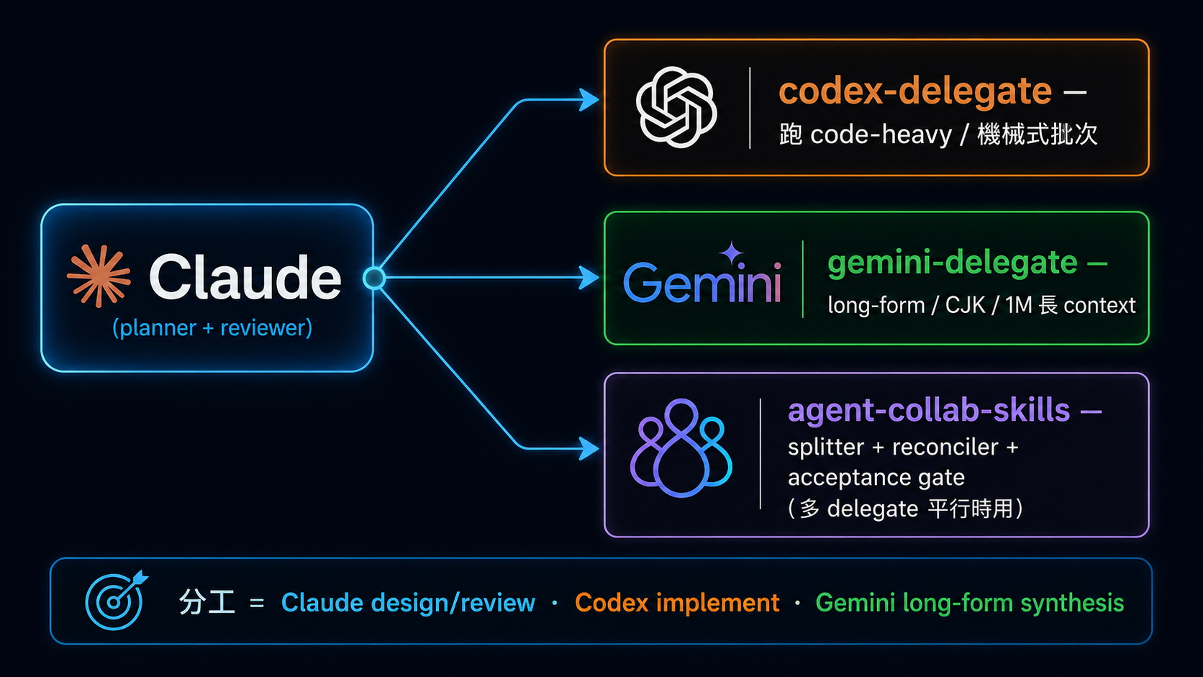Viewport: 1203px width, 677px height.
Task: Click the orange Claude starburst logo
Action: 99,276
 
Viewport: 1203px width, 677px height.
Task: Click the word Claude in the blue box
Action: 245,277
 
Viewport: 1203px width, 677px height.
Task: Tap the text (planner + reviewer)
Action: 212,327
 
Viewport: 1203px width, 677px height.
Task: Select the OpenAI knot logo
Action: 676,107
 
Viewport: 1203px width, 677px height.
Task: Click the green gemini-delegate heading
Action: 952,263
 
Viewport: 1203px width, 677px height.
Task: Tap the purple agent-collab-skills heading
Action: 929,411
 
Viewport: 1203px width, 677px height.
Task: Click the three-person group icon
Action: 681,447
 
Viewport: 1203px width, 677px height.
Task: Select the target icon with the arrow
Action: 115,600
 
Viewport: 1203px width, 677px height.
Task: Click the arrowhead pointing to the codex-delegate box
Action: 589,100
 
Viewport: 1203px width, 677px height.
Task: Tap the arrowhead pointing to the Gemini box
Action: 589,278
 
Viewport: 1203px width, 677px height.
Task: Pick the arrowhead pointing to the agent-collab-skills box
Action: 589,448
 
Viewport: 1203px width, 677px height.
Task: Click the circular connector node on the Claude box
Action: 374,278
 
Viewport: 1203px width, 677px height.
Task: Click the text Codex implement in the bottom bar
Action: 676,602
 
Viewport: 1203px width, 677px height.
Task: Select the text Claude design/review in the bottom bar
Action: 408,602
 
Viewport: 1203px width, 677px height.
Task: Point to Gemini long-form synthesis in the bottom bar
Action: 969,603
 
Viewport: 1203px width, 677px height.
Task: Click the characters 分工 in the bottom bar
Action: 206,602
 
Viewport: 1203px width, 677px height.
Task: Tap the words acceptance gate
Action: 876,477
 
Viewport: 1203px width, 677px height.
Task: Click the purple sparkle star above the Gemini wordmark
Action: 732,252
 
